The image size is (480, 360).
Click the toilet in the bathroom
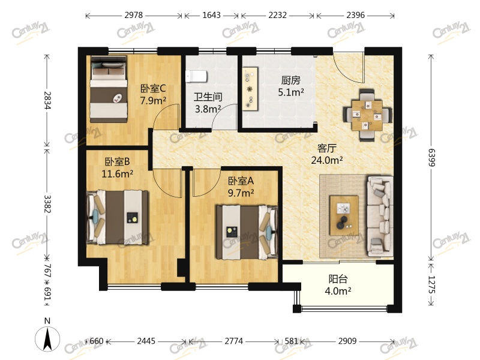click(x=196, y=76)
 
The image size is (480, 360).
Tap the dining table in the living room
click(x=367, y=115)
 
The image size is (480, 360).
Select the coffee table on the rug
click(x=344, y=215)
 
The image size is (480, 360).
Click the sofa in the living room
click(x=380, y=216)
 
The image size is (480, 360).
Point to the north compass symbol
click(x=47, y=338)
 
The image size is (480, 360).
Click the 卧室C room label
click(x=153, y=88)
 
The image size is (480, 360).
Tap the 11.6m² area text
click(x=117, y=174)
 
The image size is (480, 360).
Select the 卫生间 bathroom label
click(x=208, y=97)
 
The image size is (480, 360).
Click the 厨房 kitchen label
click(x=291, y=80)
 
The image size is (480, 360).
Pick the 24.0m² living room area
click(x=326, y=160)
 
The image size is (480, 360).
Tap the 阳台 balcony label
click(x=338, y=279)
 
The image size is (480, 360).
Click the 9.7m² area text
click(x=241, y=193)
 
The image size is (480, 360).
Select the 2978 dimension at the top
click(x=133, y=15)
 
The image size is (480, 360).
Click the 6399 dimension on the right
click(x=431, y=158)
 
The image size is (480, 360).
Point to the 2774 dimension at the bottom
click(x=234, y=341)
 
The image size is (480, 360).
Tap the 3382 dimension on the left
click(x=47, y=204)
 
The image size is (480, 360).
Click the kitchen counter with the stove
click(x=250, y=89)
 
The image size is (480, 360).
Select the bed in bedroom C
click(x=109, y=89)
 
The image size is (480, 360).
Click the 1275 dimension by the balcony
click(x=431, y=284)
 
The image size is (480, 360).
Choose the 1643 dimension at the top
click(x=212, y=15)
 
